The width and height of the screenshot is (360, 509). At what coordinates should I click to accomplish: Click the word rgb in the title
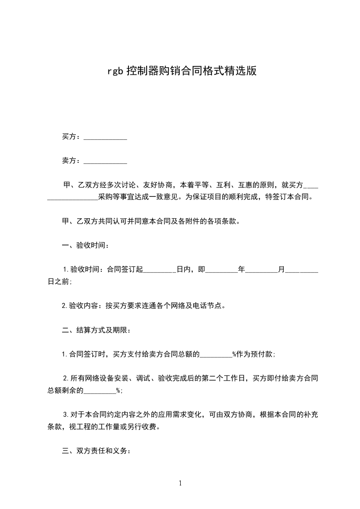point(115,72)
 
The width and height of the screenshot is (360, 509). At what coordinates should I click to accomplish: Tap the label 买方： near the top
point(71,137)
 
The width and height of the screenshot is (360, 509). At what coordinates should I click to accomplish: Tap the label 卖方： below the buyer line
point(71,160)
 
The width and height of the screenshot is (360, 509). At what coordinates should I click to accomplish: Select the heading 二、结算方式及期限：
point(96,330)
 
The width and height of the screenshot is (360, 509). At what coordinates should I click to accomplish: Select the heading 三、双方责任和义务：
point(96,451)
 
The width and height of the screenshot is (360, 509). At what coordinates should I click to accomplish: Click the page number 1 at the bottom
point(180,483)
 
